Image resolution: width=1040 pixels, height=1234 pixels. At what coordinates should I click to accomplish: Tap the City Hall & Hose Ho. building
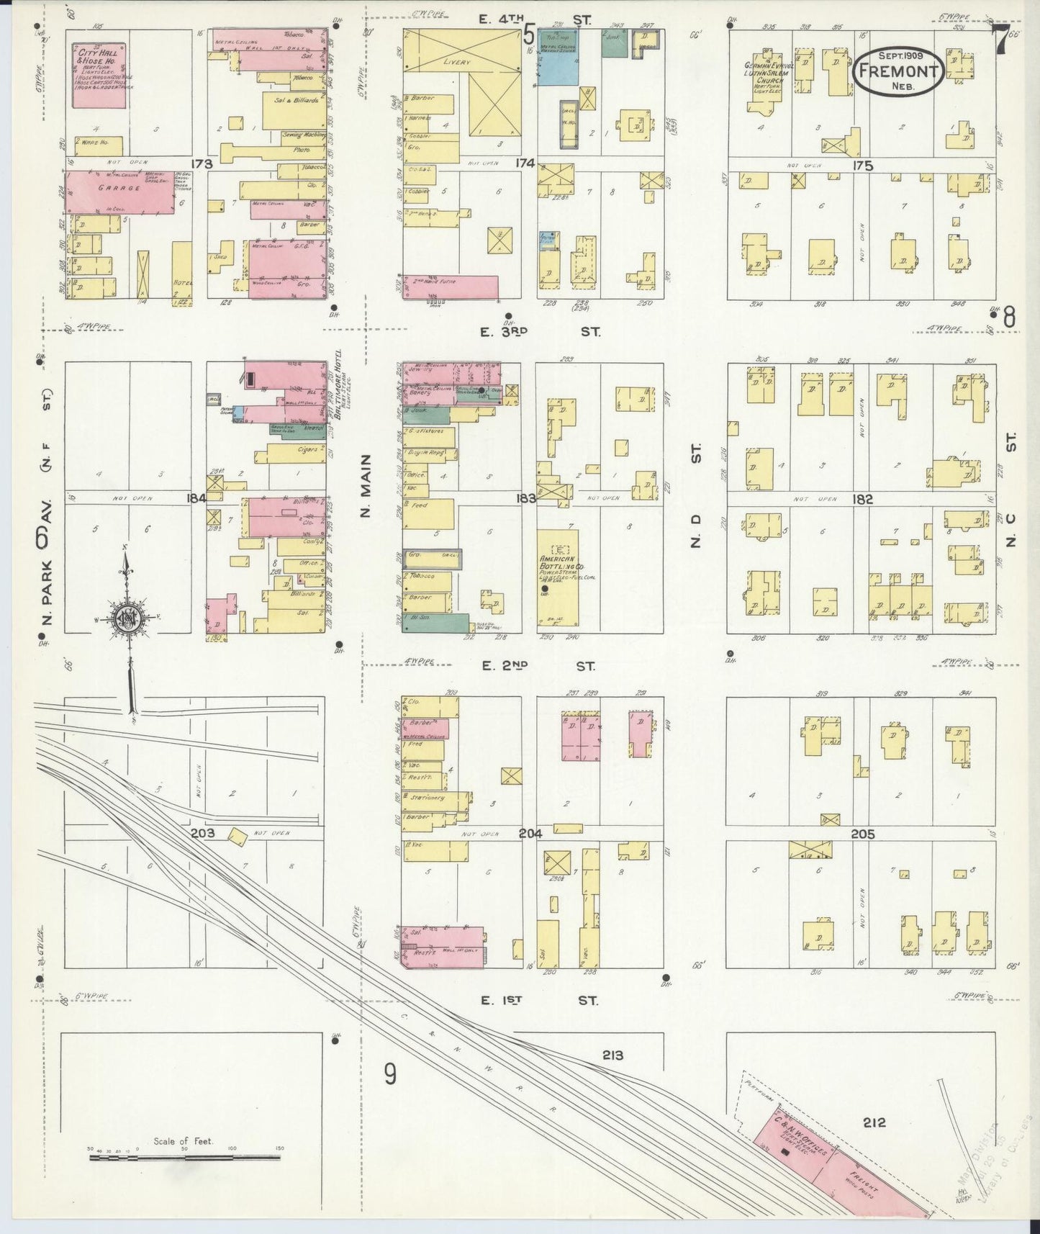click(99, 76)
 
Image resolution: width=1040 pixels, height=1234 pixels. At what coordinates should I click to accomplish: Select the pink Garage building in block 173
click(120, 192)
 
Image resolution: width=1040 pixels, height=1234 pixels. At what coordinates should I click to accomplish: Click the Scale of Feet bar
click(184, 1158)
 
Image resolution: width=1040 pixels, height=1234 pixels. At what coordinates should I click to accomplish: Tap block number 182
click(862, 499)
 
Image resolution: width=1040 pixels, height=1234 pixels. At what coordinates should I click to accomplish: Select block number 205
click(862, 834)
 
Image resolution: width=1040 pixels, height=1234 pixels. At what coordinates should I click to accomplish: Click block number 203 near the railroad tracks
click(203, 833)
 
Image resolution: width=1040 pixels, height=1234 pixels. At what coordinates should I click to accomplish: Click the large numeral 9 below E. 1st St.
click(389, 1075)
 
